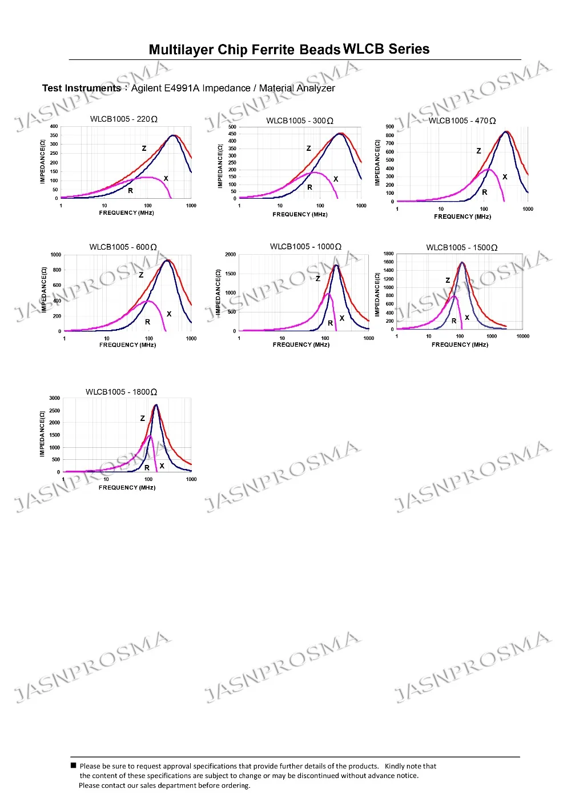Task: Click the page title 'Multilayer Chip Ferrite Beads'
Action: point(244,50)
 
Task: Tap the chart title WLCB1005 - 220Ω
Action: point(123,119)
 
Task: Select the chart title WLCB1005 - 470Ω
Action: point(462,121)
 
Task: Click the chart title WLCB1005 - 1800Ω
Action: point(121,392)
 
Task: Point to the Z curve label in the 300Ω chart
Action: point(309,148)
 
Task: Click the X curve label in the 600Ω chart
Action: point(169,314)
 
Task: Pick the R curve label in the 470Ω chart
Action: point(485,193)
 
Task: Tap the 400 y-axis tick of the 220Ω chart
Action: point(54,126)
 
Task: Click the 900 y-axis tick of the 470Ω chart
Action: point(389,127)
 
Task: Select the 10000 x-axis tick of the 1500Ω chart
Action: point(522,336)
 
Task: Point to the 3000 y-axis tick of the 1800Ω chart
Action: point(54,398)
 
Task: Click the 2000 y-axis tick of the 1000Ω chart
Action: point(230,255)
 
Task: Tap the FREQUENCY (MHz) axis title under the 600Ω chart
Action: point(127,345)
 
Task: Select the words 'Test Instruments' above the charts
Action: point(81,88)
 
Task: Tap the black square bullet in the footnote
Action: point(73,765)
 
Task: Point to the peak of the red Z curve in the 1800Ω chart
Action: point(156,405)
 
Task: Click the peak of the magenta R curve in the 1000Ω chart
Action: point(328,294)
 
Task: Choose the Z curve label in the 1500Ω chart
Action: point(448,280)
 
